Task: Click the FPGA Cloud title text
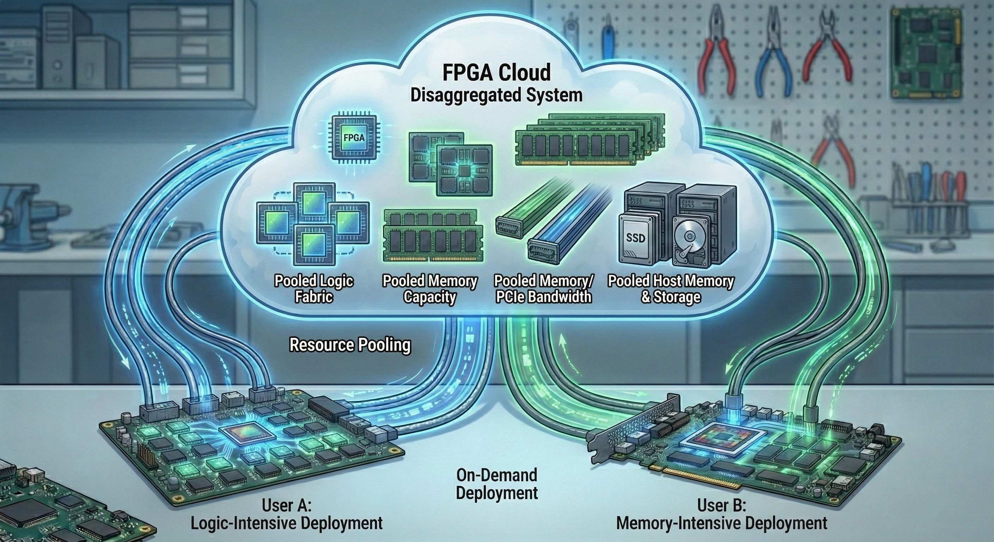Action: pos(496,73)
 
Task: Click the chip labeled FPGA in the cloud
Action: pos(353,137)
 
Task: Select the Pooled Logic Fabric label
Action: pos(314,289)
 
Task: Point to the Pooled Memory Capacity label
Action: pos(430,289)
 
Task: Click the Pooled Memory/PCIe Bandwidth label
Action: pos(544,289)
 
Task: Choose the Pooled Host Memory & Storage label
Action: pos(671,289)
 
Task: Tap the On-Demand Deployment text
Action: pos(497,484)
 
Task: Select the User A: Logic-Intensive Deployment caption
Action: pos(287,514)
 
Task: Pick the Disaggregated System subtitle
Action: pos(496,95)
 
